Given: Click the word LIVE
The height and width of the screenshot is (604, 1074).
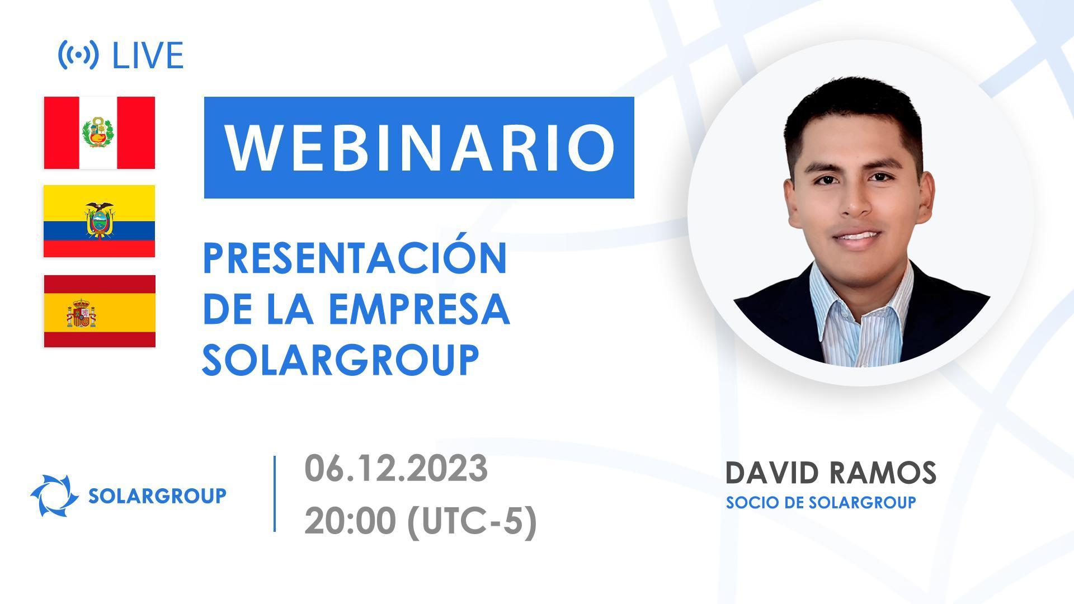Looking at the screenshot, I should coord(148,55).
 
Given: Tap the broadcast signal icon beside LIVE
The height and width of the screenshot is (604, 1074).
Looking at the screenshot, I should coord(78,55).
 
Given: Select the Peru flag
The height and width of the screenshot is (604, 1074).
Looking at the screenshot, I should coord(100,133).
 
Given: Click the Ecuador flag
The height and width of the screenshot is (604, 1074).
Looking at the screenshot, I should coord(100,221).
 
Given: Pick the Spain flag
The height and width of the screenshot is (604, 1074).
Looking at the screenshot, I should coord(100,311).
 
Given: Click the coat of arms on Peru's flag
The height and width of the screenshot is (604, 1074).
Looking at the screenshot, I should coord(98,133).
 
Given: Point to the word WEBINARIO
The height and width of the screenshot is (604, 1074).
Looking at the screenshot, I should coord(419,148).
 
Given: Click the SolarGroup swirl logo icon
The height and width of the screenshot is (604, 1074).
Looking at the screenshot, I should coord(54,495).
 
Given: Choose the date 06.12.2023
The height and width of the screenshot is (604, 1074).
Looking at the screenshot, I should coord(396,469).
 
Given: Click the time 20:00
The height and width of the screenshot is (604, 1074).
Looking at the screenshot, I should coord(350,521).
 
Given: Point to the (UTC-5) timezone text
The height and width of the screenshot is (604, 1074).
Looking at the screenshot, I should coord(472,521).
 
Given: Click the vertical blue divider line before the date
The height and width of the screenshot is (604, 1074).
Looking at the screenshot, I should coord(275,493).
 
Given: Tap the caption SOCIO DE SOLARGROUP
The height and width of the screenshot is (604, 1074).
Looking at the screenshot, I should coord(821,502).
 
